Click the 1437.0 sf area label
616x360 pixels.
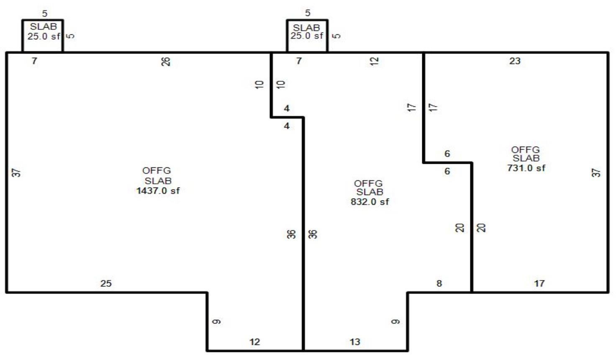tap(158, 191)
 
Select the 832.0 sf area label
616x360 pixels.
tap(370, 202)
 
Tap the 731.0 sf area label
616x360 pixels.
tap(526, 168)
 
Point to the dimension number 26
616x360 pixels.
tap(166, 62)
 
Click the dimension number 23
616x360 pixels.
tap(515, 61)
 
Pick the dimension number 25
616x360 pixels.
tap(106, 283)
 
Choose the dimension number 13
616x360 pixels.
tap(355, 342)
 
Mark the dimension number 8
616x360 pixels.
tap(439, 283)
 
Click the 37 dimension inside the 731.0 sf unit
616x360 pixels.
tap(596, 172)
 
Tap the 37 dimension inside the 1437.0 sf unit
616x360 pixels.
tap(16, 172)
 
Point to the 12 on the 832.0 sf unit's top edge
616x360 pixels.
tap(375, 61)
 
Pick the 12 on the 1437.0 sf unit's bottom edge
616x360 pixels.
tap(254, 342)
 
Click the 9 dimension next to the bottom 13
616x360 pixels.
tap(395, 321)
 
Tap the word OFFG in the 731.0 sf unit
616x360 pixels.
tap(525, 150)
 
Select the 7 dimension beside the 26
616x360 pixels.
tap(34, 61)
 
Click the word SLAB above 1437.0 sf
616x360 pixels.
tap(158, 181)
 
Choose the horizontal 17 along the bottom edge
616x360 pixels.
tap(539, 283)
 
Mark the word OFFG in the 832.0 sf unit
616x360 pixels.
tap(368, 183)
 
